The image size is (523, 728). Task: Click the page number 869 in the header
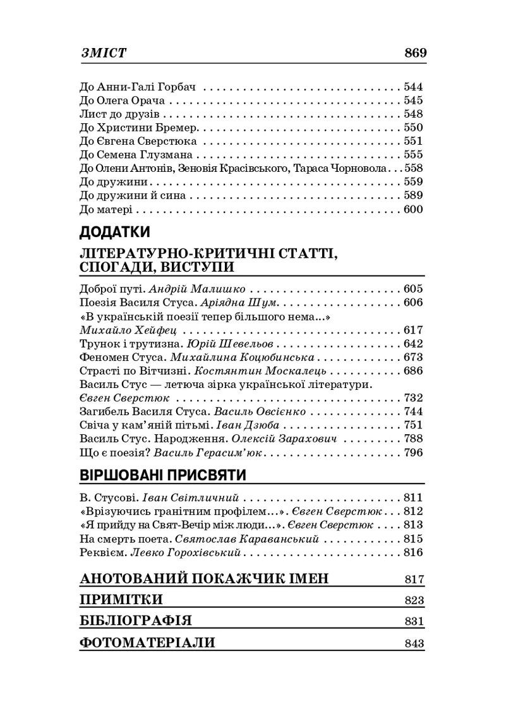[415, 53]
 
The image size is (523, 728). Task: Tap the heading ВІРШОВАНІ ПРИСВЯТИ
[162, 475]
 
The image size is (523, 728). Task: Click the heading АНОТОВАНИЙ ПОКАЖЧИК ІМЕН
[205, 579]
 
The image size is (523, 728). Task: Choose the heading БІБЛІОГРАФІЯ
[136, 621]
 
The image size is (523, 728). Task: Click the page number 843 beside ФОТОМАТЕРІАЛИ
[414, 643]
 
